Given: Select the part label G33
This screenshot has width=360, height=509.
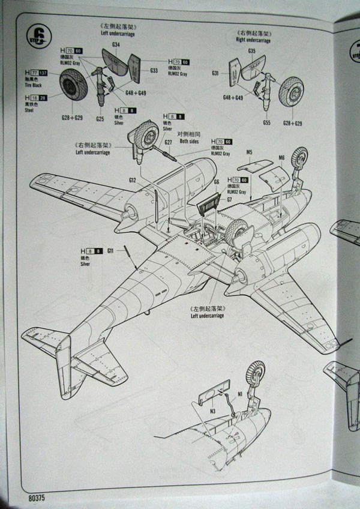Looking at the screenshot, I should click(x=154, y=70).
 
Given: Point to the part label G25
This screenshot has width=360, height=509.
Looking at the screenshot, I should click(x=100, y=118).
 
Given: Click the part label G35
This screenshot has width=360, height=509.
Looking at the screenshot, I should click(x=252, y=51).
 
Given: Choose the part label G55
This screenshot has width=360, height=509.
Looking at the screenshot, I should click(x=266, y=122).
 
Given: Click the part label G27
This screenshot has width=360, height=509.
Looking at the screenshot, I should click(x=169, y=142).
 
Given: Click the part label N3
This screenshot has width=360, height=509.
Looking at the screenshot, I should click(x=213, y=412).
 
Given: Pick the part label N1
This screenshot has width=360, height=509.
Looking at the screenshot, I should click(x=240, y=394).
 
